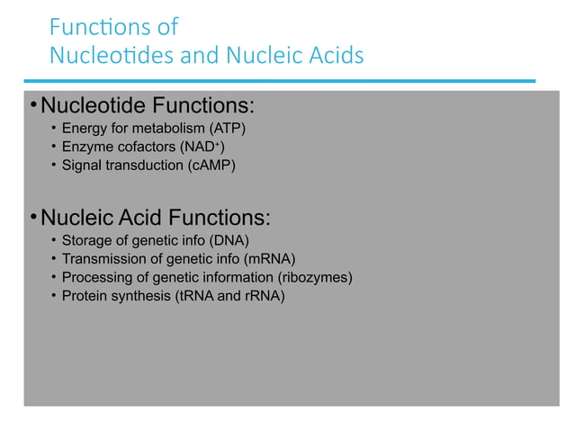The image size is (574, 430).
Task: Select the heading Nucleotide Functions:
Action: (148, 108)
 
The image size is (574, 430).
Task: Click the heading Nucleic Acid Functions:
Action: (155, 218)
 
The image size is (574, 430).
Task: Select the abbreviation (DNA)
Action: (229, 240)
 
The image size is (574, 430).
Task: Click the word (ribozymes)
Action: (315, 276)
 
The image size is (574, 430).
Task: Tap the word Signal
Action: (81, 165)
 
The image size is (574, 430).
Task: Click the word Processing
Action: (95, 276)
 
